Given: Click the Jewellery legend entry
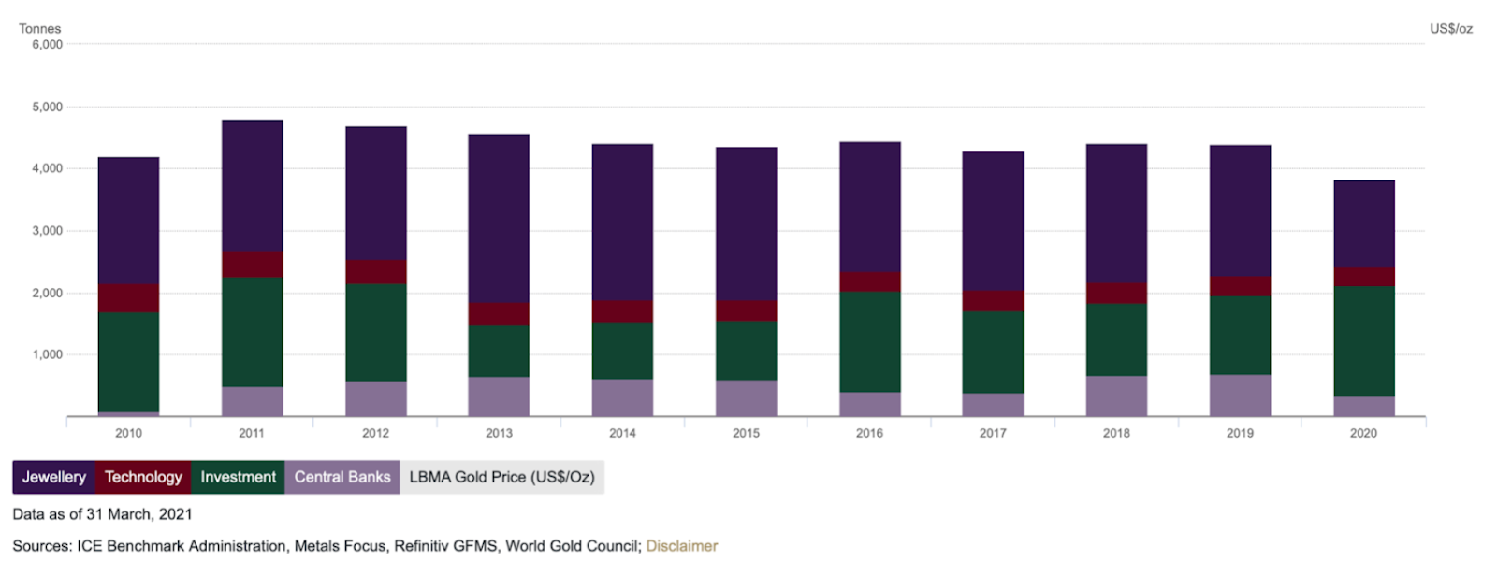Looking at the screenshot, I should [x=53, y=477].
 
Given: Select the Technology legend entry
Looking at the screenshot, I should [x=143, y=477].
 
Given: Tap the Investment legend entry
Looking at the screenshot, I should [x=238, y=477].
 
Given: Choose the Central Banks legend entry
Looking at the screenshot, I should [x=342, y=477].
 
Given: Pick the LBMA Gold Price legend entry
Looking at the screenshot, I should [x=501, y=477].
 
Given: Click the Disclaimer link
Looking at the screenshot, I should [x=681, y=546].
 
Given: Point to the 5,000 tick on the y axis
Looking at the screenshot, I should [x=47, y=107].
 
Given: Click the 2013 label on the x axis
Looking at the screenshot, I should [x=499, y=433].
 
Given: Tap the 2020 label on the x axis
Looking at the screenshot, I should [x=1363, y=433].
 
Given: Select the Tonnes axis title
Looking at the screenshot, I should [x=39, y=29].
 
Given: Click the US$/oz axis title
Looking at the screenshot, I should [x=1450, y=29].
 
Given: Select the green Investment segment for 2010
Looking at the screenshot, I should [x=128, y=362].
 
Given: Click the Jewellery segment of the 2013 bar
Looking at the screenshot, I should [x=499, y=218].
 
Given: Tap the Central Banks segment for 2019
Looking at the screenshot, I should [x=1240, y=396].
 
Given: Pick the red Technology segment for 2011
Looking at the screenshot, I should [x=252, y=264].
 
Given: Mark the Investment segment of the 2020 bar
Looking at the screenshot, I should [x=1363, y=341].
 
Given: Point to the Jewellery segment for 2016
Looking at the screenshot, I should [x=869, y=207].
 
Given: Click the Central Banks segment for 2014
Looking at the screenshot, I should [x=622, y=397].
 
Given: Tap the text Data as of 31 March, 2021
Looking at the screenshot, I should [x=102, y=514].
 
